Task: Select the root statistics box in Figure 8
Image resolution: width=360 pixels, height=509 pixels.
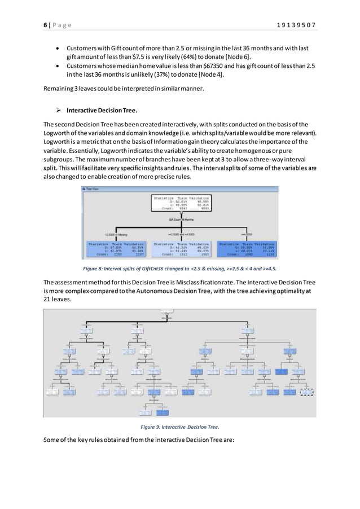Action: (x=181, y=203)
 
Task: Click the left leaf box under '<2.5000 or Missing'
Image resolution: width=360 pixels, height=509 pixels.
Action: (x=115, y=249)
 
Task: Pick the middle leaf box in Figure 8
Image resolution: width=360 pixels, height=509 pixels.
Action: (x=181, y=249)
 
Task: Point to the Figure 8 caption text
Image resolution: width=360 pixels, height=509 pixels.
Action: (x=179, y=268)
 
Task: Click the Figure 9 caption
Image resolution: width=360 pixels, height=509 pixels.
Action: (x=179, y=427)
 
